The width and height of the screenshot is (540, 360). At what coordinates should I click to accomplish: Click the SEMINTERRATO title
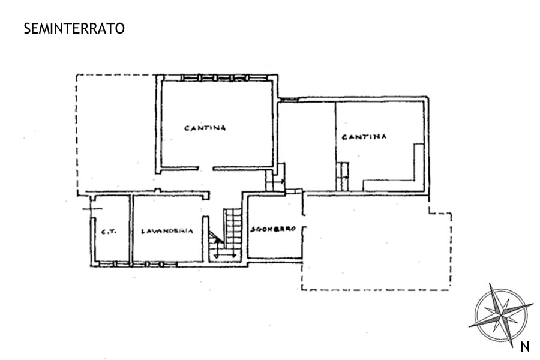tap(74, 29)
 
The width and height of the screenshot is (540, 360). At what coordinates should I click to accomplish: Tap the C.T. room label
tap(109, 232)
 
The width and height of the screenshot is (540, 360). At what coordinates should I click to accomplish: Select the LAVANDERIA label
tap(167, 231)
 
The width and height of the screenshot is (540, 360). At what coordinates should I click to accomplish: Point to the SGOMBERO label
tap(273, 229)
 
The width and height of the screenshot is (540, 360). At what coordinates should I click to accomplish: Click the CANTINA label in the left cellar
tap(205, 128)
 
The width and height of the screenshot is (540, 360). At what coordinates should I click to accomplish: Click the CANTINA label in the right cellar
tap(364, 137)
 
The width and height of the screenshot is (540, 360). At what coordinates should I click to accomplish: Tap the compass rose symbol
tap(501, 315)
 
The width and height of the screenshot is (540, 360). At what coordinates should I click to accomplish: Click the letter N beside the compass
tap(525, 347)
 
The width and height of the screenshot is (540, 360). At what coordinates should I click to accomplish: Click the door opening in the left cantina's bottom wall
tap(206, 169)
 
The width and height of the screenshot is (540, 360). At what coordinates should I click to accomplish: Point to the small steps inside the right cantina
tap(343, 176)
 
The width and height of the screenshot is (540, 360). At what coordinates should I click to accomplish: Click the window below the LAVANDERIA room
tap(155, 264)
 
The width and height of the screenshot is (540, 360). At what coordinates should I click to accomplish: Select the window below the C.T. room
tap(113, 264)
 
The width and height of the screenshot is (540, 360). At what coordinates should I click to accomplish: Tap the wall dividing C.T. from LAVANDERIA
tap(131, 229)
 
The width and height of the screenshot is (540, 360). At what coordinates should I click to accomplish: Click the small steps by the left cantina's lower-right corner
tap(275, 178)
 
